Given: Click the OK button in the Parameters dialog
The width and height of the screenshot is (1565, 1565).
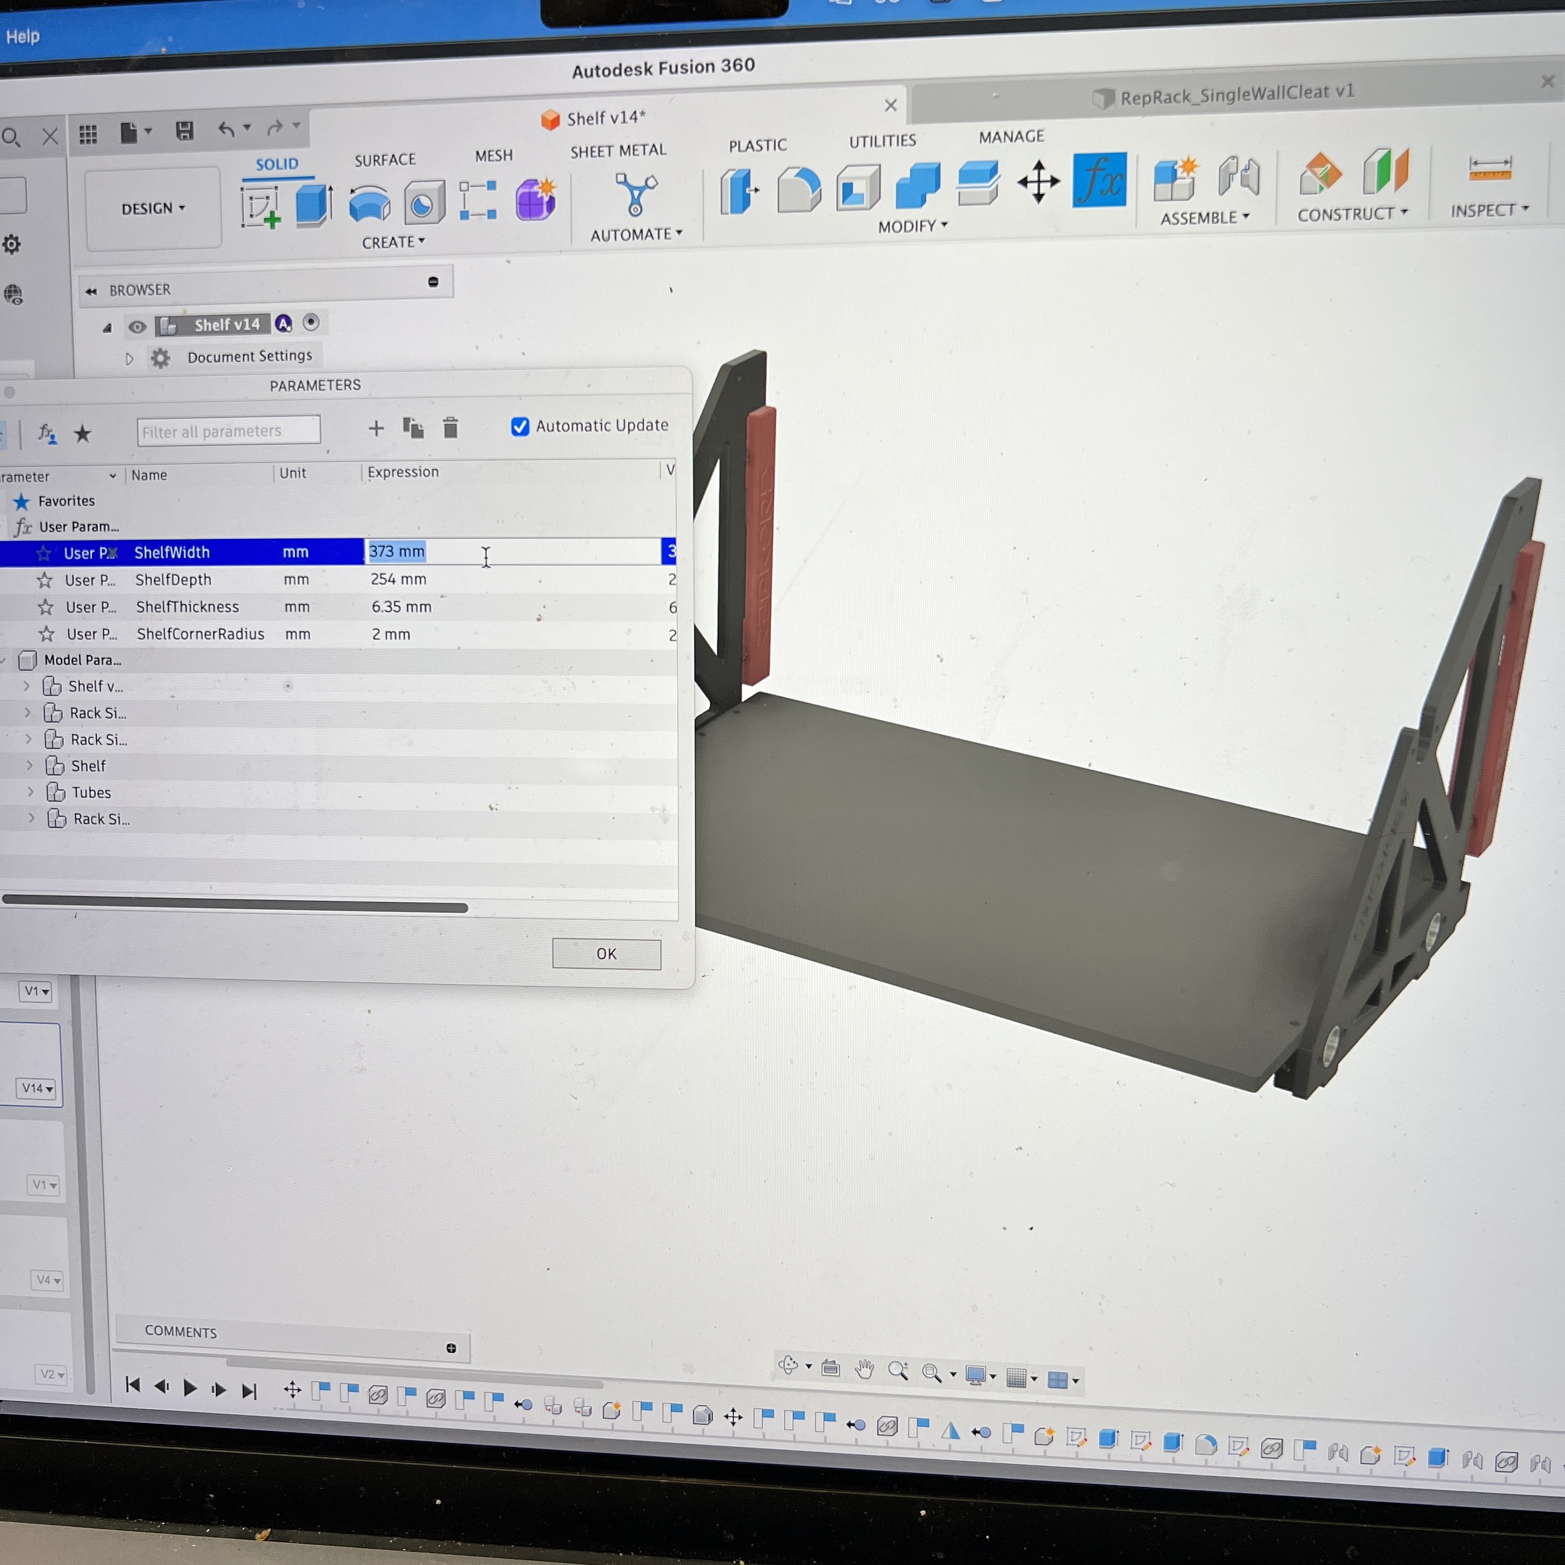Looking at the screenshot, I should click(x=606, y=953).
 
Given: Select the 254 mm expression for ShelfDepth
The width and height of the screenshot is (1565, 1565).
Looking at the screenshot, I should click(x=398, y=579).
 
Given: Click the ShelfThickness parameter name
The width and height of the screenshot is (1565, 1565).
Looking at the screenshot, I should click(x=187, y=607).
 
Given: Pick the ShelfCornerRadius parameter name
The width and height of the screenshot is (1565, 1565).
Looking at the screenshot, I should click(x=200, y=634).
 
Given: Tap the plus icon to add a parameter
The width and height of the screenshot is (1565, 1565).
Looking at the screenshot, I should click(x=376, y=429).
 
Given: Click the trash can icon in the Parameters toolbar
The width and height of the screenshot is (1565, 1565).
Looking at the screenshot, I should click(x=450, y=427).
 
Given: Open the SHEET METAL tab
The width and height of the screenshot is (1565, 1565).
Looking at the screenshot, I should click(x=618, y=151).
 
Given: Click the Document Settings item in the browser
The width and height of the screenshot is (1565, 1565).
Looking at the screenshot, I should click(x=249, y=357).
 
